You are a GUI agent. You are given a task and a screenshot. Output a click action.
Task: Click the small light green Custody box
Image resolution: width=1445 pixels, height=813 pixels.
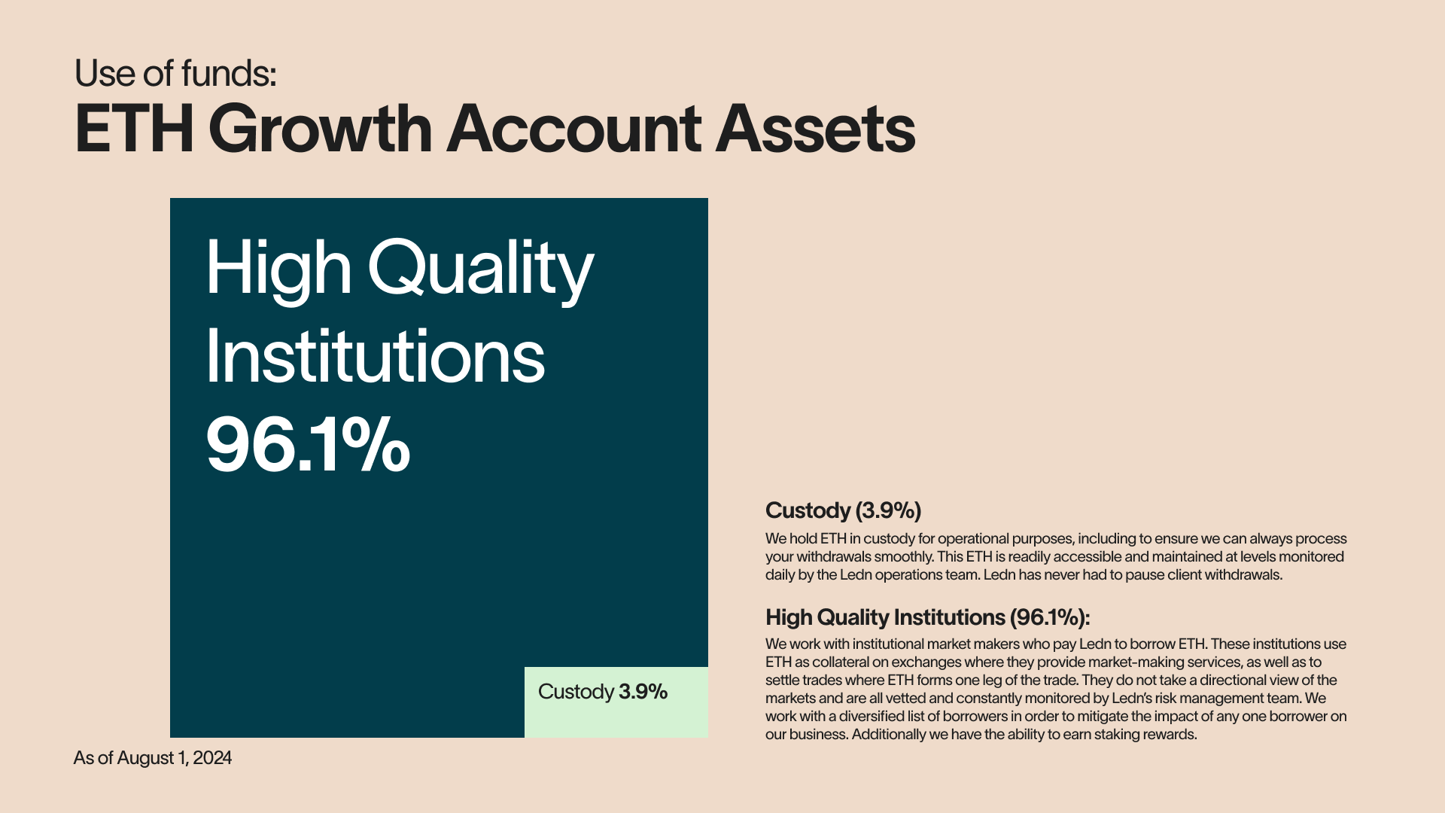(616, 702)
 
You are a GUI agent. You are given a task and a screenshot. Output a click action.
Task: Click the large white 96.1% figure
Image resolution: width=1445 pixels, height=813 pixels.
(309, 446)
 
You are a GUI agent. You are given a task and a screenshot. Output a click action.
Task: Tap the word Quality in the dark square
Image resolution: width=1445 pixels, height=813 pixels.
(481, 269)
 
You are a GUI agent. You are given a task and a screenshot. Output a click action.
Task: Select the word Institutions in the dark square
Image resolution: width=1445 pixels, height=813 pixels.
(376, 357)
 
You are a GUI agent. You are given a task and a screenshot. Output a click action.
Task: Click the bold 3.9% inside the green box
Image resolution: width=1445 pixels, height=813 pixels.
(643, 692)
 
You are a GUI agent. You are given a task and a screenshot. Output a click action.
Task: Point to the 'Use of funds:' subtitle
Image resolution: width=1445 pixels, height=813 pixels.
(175, 74)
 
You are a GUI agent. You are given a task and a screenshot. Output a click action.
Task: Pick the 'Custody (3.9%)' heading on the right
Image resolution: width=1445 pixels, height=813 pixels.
(844, 510)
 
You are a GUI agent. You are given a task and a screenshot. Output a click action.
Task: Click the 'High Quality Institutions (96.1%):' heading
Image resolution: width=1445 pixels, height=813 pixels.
(928, 617)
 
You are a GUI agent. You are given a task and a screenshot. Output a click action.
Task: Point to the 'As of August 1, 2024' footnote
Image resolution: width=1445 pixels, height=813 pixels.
(153, 758)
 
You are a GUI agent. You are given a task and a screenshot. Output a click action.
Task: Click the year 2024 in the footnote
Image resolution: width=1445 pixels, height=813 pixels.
(212, 758)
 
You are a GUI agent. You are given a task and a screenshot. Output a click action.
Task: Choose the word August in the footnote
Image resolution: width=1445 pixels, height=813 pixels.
(146, 758)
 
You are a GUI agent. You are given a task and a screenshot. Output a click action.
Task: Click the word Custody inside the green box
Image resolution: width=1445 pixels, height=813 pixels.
(576, 692)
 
